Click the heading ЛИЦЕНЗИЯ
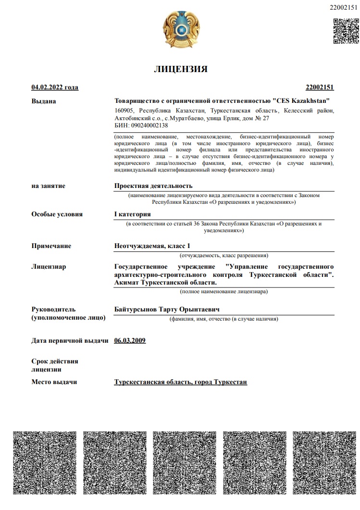click(180, 69)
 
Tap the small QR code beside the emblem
click(346, 31)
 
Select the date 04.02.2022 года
click(55, 87)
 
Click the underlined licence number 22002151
click(320, 87)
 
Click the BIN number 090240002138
click(148, 125)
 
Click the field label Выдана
click(44, 101)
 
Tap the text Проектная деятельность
click(153, 186)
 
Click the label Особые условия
click(57, 214)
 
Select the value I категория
click(133, 214)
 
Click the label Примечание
click(51, 246)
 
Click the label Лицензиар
click(49, 267)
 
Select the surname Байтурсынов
click(136, 309)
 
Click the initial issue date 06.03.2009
click(130, 341)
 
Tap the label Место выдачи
click(54, 382)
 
